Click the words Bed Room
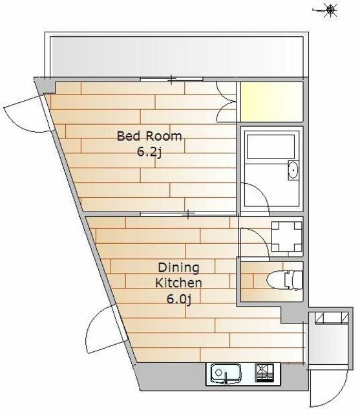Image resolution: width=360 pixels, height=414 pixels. point(149,136)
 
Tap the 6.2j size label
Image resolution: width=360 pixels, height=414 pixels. point(149,153)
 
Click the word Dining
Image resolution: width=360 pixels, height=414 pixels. point(178,268)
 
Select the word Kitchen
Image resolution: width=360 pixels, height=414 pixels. point(178,283)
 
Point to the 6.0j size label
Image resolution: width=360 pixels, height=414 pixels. point(178,299)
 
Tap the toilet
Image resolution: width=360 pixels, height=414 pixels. point(284,280)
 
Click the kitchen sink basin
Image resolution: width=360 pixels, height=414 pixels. point(226,373)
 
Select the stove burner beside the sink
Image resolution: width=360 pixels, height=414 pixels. point(264,373)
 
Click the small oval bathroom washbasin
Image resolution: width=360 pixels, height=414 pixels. point(293,169)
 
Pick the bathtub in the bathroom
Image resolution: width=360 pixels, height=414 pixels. point(271,146)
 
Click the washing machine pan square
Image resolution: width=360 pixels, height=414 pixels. point(287,236)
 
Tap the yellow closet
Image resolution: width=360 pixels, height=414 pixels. point(271,102)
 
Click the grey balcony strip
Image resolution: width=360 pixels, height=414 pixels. point(176,56)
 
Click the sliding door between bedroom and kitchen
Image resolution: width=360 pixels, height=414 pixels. point(188,214)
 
